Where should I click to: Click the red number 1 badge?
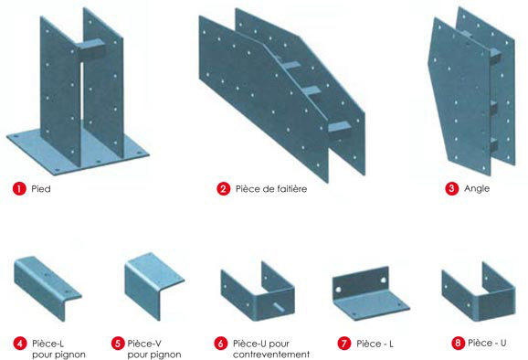tap(17, 189)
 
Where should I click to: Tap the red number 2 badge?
tap(223, 189)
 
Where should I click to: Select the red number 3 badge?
tap(451, 189)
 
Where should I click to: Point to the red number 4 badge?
tap(19, 344)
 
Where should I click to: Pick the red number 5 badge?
tap(118, 344)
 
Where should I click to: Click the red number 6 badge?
tap(221, 344)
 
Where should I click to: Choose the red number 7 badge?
tap(343, 344)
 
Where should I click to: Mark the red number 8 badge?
tap(458, 344)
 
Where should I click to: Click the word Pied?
tap(41, 189)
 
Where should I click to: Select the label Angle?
tap(477, 189)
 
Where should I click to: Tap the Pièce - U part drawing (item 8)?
tap(474, 290)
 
